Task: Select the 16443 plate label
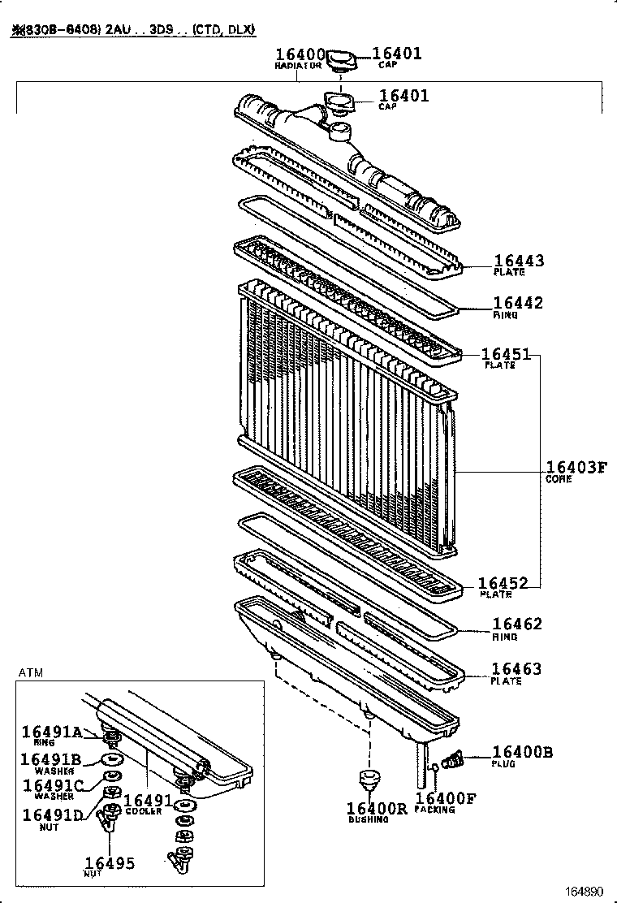tap(519, 261)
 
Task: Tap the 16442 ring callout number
tap(518, 303)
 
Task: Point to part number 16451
tap(506, 354)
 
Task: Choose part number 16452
tap(503, 583)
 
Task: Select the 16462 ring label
tap(517, 624)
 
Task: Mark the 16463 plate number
tap(516, 669)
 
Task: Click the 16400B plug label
tap(523, 753)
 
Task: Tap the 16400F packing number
tap(446, 798)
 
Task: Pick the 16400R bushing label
tap(377, 808)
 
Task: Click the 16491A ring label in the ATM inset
tap(52, 732)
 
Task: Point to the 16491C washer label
tap(53, 785)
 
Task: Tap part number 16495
tap(110, 863)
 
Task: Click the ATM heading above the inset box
tap(30, 672)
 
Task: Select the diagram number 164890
tap(585, 891)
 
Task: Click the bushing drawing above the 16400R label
tap(369, 781)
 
